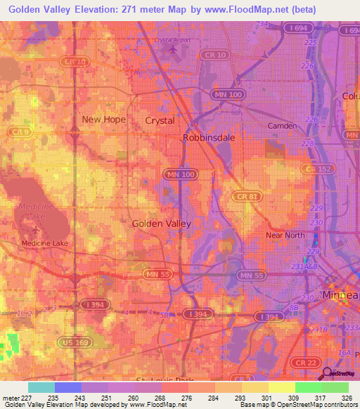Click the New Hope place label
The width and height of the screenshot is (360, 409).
103,119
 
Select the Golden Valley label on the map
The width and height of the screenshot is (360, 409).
161,223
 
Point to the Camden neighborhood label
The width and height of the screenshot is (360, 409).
283,126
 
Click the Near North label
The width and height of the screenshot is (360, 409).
283,235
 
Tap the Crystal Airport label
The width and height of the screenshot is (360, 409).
172,41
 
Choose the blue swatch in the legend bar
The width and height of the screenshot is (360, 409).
68,387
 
